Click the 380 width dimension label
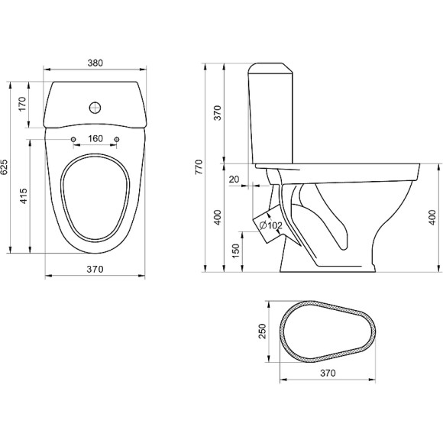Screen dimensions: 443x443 coord(95,63)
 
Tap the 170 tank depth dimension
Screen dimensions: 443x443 coord(22,104)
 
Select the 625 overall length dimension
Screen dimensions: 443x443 coord(5,167)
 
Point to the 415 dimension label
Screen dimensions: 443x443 coord(24,196)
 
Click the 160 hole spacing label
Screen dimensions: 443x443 coord(95,139)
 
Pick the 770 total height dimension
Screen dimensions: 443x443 coord(199,167)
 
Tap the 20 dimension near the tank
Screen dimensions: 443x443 coord(234,179)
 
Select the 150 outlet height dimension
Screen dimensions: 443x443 coord(235,251)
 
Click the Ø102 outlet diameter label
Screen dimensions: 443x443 coord(270,225)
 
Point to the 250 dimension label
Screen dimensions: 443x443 coord(263,331)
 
